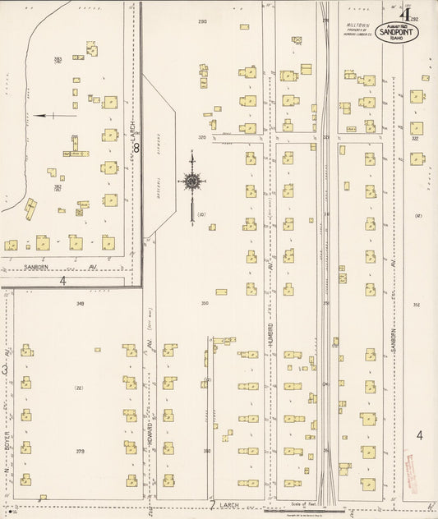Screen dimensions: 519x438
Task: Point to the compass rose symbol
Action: pyautogui.click(x=192, y=181)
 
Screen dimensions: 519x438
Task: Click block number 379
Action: pyautogui.click(x=81, y=451)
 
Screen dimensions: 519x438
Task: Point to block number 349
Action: pyautogui.click(x=81, y=304)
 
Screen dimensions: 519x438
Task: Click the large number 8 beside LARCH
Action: pyautogui.click(x=137, y=148)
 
